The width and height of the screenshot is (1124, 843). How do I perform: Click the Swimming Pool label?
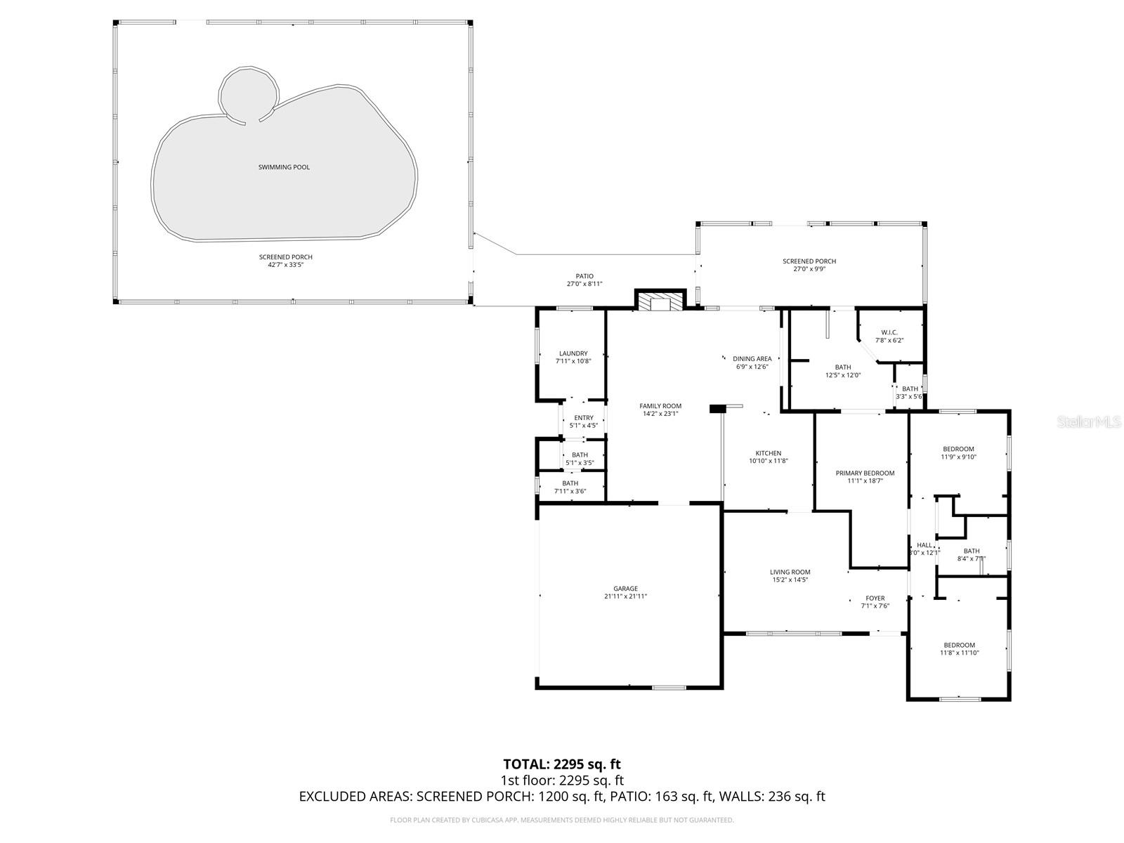pyautogui.click(x=284, y=167)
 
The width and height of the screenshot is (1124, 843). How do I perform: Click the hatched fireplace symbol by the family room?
pyautogui.click(x=660, y=303)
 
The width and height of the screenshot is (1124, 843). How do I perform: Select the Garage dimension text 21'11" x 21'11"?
pyautogui.click(x=625, y=596)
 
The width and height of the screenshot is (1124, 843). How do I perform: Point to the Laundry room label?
pyautogui.click(x=573, y=353)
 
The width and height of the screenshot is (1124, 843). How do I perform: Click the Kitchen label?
pyautogui.click(x=768, y=453)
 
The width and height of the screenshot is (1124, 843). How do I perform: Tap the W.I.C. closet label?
pyautogui.click(x=889, y=332)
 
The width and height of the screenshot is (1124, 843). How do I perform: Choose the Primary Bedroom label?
pyautogui.click(x=865, y=473)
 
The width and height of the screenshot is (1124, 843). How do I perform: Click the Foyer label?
pyautogui.click(x=875, y=599)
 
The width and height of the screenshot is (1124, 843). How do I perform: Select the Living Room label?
pyautogui.click(x=790, y=572)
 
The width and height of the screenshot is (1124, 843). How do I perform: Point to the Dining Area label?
pyautogui.click(x=752, y=359)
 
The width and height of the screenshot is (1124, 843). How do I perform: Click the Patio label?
pyautogui.click(x=584, y=276)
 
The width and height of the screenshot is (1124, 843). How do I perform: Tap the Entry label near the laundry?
pyautogui.click(x=583, y=418)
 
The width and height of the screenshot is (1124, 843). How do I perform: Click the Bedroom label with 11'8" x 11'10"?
pyautogui.click(x=959, y=645)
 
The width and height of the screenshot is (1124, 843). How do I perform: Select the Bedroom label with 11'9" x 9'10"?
pyautogui.click(x=958, y=449)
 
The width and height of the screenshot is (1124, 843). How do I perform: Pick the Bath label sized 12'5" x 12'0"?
pyautogui.click(x=842, y=367)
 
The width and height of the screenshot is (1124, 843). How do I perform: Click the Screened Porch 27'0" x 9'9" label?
pyautogui.click(x=809, y=261)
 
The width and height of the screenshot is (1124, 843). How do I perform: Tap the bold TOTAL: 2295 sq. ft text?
pyautogui.click(x=562, y=764)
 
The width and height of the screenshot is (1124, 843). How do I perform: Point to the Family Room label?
pyautogui.click(x=660, y=406)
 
